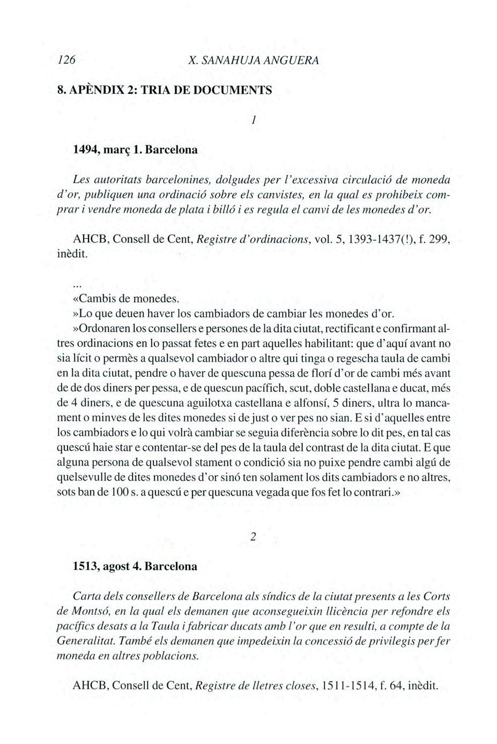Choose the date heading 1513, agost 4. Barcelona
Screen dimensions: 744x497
pos(135,566)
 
